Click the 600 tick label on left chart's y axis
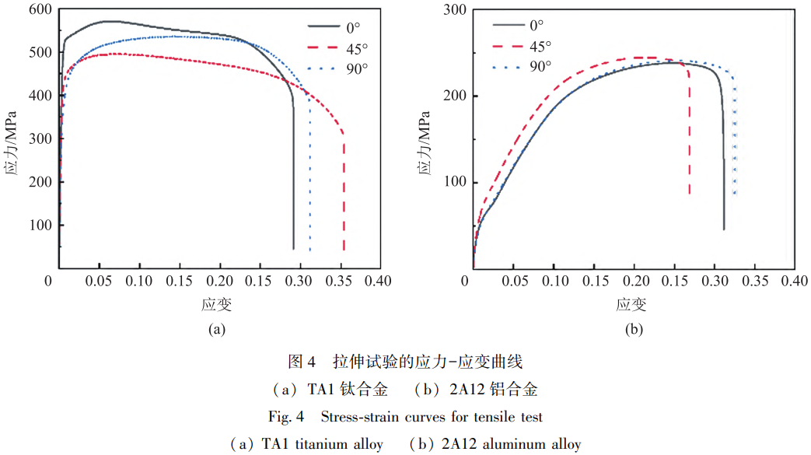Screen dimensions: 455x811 (x=40, y=9)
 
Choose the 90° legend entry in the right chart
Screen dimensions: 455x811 (x=540, y=67)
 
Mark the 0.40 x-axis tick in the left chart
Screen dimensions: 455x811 (x=379, y=281)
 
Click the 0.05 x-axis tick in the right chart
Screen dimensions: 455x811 (x=514, y=281)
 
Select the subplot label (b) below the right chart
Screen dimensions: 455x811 (x=634, y=329)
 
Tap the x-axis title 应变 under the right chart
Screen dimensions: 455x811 (x=634, y=304)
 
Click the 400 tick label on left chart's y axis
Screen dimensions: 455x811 (x=40, y=96)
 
